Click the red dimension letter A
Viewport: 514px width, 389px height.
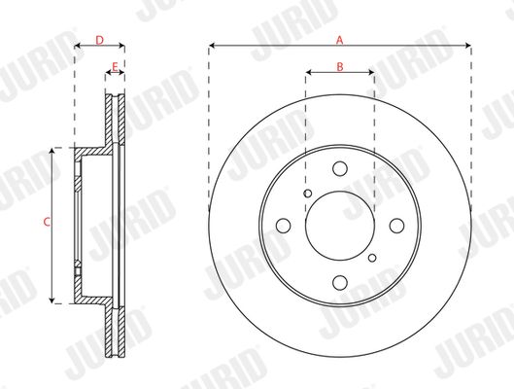pyautogui.click(x=340, y=40)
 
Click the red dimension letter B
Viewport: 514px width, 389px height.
pyautogui.click(x=340, y=66)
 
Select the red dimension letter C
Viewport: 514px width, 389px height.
pyautogui.click(x=47, y=222)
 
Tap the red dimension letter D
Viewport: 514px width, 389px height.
pyautogui.click(x=99, y=40)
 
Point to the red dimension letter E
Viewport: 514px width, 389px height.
pyautogui.click(x=115, y=67)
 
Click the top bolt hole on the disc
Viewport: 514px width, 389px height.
pyautogui.click(x=340, y=168)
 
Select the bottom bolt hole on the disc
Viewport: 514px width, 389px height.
pyautogui.click(x=340, y=282)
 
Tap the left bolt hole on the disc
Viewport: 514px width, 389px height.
pyautogui.click(x=283, y=226)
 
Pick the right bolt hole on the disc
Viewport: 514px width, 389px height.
pyautogui.click(x=396, y=226)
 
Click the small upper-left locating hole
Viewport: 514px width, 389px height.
pyautogui.click(x=307, y=194)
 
